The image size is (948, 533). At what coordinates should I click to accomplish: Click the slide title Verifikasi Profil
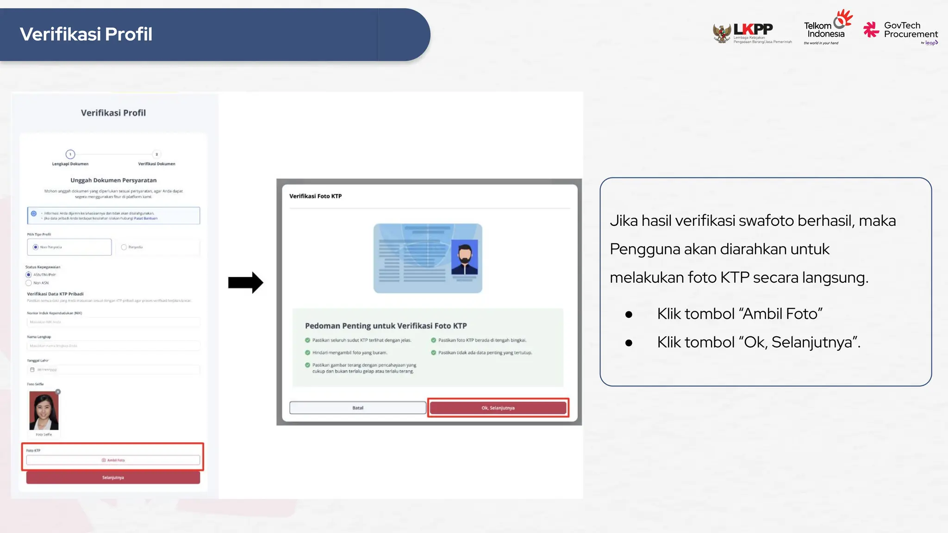86,34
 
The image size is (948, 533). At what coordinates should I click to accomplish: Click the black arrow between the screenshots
245,282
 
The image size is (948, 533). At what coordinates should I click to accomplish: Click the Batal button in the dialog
358,408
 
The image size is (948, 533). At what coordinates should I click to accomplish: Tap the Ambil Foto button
113,460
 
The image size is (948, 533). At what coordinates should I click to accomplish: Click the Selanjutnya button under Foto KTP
113,477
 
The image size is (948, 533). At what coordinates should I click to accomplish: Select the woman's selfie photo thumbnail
44,411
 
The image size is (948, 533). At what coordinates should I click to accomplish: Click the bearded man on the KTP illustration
464,258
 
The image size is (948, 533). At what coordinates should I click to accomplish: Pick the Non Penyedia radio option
36,247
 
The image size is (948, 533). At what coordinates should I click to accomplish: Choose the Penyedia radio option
124,247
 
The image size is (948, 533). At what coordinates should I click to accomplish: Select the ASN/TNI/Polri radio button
29,275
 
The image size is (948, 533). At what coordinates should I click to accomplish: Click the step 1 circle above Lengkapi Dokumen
70,154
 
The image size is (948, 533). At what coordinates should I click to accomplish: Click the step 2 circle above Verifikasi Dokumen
156,154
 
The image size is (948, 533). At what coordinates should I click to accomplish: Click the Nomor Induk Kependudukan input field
113,322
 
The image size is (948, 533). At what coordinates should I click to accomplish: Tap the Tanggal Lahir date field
113,370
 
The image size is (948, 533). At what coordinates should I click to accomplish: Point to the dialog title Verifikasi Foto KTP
316,196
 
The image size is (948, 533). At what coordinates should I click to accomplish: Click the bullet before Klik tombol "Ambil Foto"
629,315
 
